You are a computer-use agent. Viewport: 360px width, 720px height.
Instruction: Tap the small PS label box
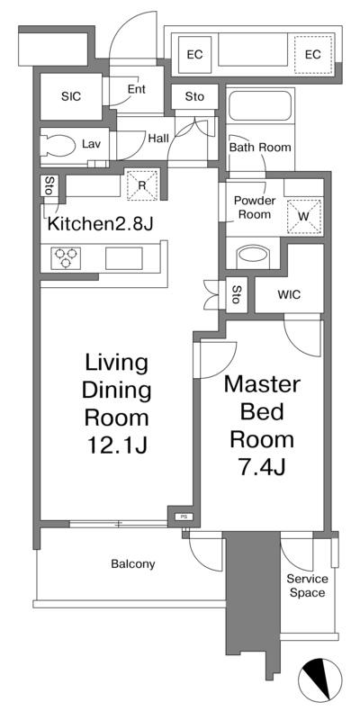pyautogui.click(x=184, y=517)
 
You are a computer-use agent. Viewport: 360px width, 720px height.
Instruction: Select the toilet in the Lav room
pyautogui.click(x=58, y=146)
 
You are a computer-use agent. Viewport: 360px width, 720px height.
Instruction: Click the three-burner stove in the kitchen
pyautogui.click(x=65, y=257)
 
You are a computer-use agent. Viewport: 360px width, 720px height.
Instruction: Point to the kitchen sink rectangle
pyautogui.click(x=124, y=258)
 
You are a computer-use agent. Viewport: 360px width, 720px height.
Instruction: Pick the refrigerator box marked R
pyautogui.click(x=142, y=184)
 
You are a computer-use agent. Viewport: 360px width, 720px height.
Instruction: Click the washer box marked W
pyautogui.click(x=304, y=215)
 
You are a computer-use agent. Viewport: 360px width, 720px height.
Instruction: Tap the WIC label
pyautogui.click(x=289, y=294)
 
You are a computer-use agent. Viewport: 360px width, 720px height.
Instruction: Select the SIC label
pyautogui.click(x=71, y=96)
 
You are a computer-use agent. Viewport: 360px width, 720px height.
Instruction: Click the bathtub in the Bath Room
pyautogui.click(x=261, y=106)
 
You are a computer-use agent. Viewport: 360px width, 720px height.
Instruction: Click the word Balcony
pyautogui.click(x=133, y=564)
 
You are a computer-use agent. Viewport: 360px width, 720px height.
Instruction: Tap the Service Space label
pyautogui.click(x=307, y=586)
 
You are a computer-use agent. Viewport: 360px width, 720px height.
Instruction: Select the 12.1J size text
pyautogui.click(x=117, y=445)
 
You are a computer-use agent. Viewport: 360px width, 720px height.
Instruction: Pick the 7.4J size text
pyautogui.click(x=262, y=467)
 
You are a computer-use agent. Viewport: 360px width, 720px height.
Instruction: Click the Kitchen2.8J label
pyautogui.click(x=101, y=223)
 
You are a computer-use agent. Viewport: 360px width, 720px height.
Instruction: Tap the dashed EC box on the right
pyautogui.click(x=313, y=54)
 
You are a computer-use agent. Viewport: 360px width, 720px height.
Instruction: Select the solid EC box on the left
pyautogui.click(x=194, y=54)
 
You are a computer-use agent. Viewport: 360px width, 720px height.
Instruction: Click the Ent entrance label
pyautogui.click(x=137, y=89)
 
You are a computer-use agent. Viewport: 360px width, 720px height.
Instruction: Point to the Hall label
pyautogui.click(x=158, y=138)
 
